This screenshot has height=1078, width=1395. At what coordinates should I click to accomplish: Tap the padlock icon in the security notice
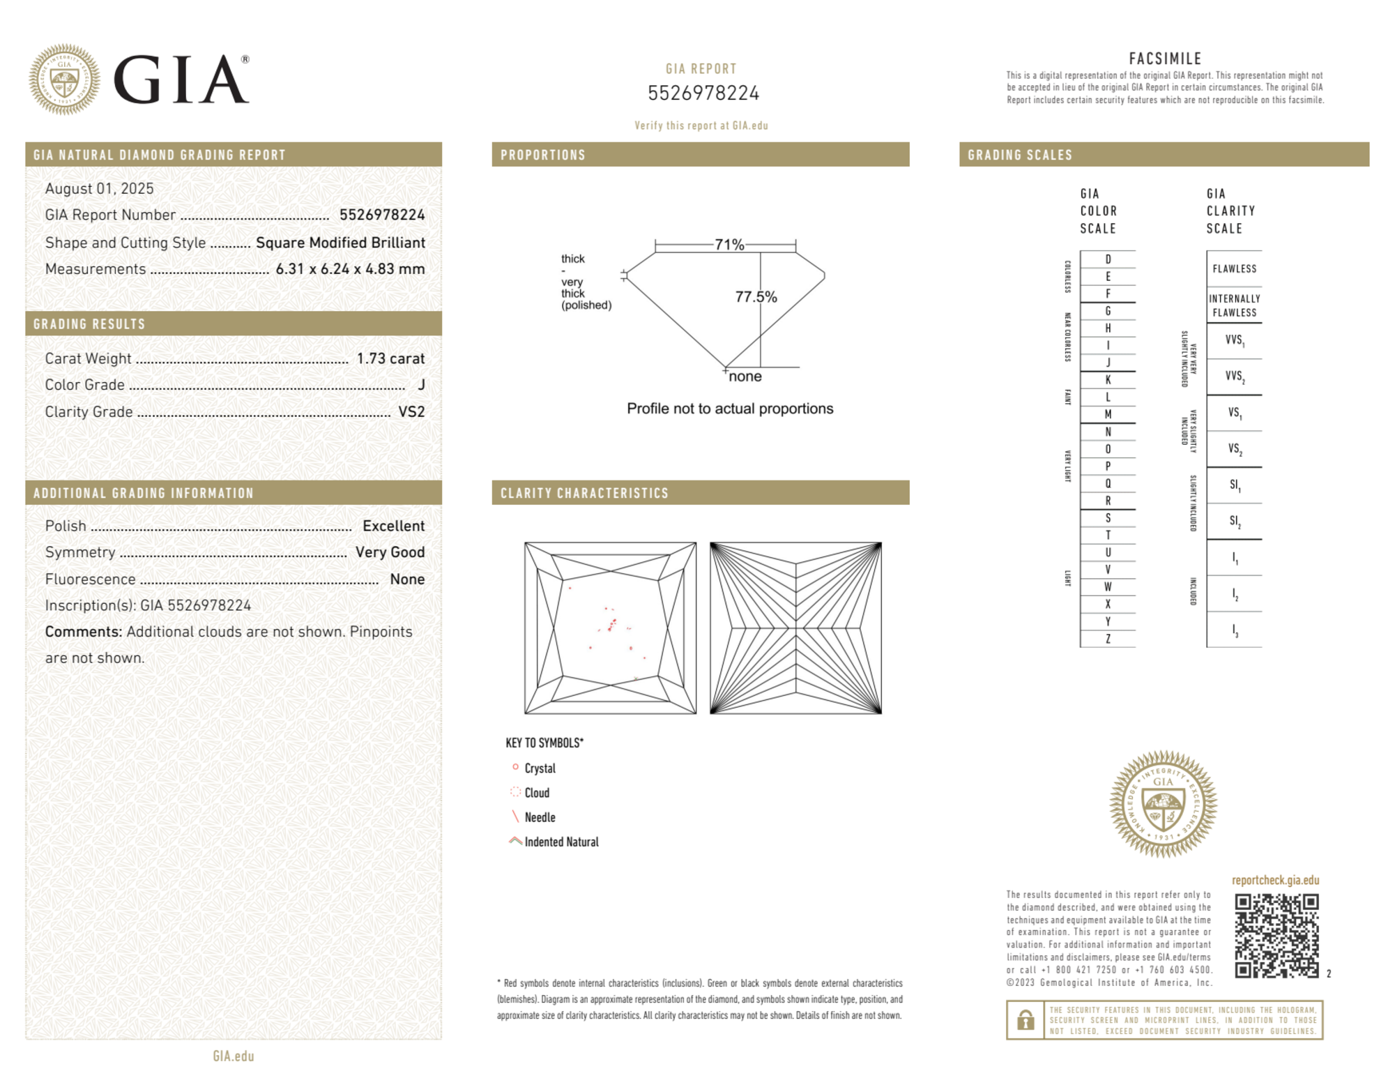pos(1025,1020)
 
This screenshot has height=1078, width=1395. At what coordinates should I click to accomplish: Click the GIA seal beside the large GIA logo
pos(64,79)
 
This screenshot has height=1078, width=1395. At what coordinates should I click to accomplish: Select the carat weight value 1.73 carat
pos(390,358)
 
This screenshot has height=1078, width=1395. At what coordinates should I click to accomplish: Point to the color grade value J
pos(421,385)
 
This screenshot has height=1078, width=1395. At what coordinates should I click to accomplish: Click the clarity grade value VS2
pos(411,412)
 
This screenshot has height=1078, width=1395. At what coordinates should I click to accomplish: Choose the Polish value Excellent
pos(393,526)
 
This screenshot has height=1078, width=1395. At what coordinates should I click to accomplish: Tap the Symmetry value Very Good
pos(390,552)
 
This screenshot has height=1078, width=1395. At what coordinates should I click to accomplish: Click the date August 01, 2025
pos(99,188)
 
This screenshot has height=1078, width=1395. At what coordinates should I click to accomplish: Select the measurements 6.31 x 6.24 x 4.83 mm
pos(350,269)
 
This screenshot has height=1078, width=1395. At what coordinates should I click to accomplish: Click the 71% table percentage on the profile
pos(729,245)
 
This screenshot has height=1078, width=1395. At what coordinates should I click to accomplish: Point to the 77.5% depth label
pos(756,297)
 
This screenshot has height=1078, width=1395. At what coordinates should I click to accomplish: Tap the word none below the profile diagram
pos(745,377)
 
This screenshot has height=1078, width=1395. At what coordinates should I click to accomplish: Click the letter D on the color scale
pos(1108,259)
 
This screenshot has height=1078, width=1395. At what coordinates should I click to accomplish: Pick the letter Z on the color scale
pos(1108,639)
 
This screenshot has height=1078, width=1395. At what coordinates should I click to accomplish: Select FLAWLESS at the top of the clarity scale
pos(1234,269)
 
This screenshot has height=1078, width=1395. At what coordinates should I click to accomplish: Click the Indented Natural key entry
pos(561,842)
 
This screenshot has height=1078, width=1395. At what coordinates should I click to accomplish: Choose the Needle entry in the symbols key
pos(540,817)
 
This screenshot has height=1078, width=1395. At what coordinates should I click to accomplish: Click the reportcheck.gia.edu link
pos(1275,880)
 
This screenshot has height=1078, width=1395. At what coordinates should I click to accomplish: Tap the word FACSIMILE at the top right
pos(1165,59)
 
